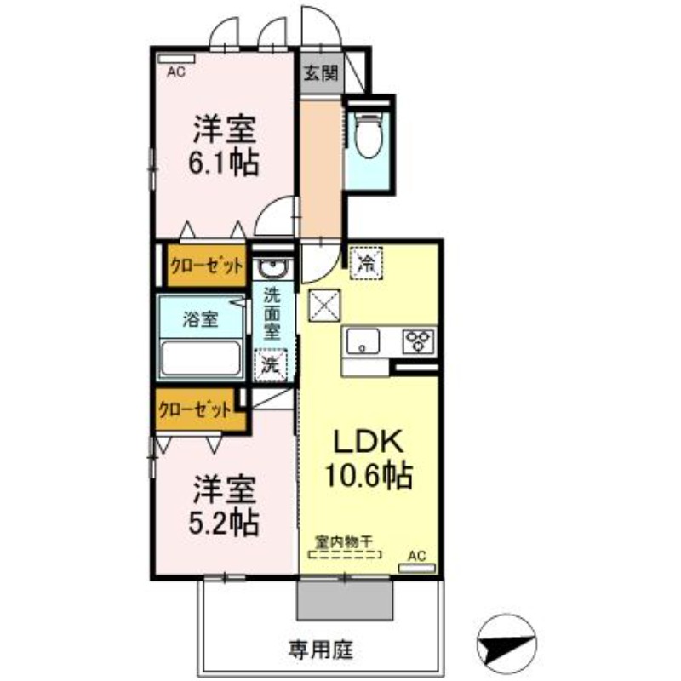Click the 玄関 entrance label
[x=321, y=73]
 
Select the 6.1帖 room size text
[x=224, y=163]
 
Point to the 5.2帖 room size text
[x=224, y=523]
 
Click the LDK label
[x=369, y=442]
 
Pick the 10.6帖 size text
[x=369, y=476]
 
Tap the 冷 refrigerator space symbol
[x=366, y=263]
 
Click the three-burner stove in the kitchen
[x=418, y=341]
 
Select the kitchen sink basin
[x=363, y=341]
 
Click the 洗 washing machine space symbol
[x=271, y=365]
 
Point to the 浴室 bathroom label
[x=200, y=320]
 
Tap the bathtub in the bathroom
[x=200, y=358]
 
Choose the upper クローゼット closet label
[x=207, y=266]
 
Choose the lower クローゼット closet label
[x=195, y=409]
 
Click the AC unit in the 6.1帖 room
[x=176, y=59]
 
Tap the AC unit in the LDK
[x=417, y=568]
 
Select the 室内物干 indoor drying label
[x=345, y=542]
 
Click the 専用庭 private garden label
[x=321, y=650]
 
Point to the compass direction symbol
[x=506, y=644]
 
